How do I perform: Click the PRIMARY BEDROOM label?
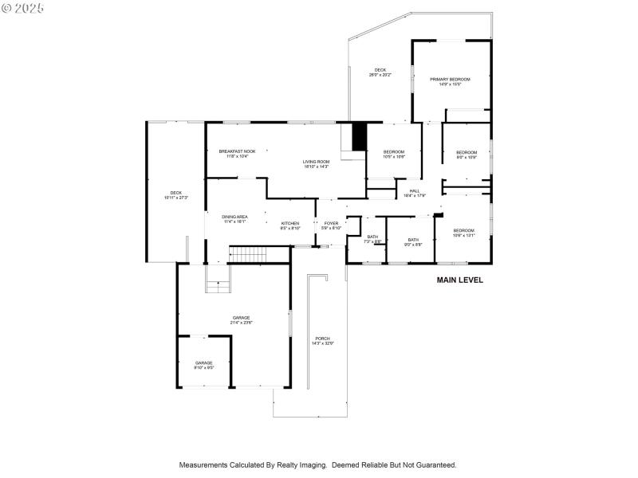(x=450, y=80)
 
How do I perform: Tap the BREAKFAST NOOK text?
(x=237, y=151)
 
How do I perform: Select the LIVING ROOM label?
(x=316, y=162)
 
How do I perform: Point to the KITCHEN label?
(x=289, y=223)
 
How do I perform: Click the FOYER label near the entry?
(x=331, y=223)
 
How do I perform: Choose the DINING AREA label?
(x=234, y=217)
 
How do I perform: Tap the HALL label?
(x=415, y=190)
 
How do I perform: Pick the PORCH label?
(x=322, y=339)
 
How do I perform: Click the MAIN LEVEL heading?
(x=459, y=280)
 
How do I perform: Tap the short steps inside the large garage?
(x=217, y=288)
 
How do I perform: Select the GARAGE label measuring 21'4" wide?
(x=241, y=318)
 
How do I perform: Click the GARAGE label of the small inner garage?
(x=204, y=362)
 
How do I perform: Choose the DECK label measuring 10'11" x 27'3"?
(x=175, y=193)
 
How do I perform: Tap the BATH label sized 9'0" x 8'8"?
(x=413, y=240)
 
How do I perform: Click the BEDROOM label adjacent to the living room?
(x=394, y=152)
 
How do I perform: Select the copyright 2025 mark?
(x=23, y=7)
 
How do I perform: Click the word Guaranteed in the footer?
(x=434, y=464)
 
